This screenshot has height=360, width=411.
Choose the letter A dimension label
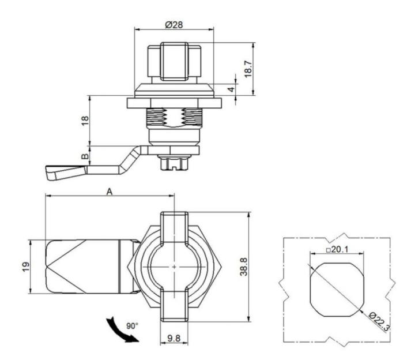108,193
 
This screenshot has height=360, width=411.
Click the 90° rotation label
131,325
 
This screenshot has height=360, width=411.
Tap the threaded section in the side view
174,122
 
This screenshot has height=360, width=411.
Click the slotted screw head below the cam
174,163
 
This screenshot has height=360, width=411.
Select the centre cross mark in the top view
174,267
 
